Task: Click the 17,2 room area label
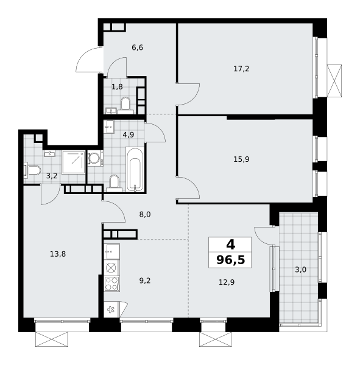pyautogui.click(x=241, y=69)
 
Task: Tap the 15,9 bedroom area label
pyautogui.click(x=241, y=159)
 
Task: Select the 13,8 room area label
pyautogui.click(x=58, y=254)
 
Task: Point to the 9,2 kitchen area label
pyautogui.click(x=145, y=280)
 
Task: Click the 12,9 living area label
pyautogui.click(x=227, y=282)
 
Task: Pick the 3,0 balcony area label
pyautogui.click(x=300, y=269)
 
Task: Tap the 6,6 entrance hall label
pyautogui.click(x=137, y=47)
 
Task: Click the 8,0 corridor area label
pyautogui.click(x=145, y=214)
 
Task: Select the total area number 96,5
pyautogui.click(x=231, y=260)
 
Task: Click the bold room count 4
pyautogui.click(x=231, y=245)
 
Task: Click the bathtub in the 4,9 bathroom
pyautogui.click(x=135, y=169)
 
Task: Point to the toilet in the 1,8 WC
pyautogui.click(x=125, y=105)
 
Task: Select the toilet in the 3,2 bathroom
pyautogui.click(x=32, y=170)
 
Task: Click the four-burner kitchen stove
pyautogui.click(x=111, y=284)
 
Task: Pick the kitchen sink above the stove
pyautogui.click(x=111, y=252)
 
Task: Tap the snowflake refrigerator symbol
pyautogui.click(x=111, y=310)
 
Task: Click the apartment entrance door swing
pyautogui.click(x=88, y=60)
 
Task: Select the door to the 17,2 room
pyautogui.click(x=188, y=94)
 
